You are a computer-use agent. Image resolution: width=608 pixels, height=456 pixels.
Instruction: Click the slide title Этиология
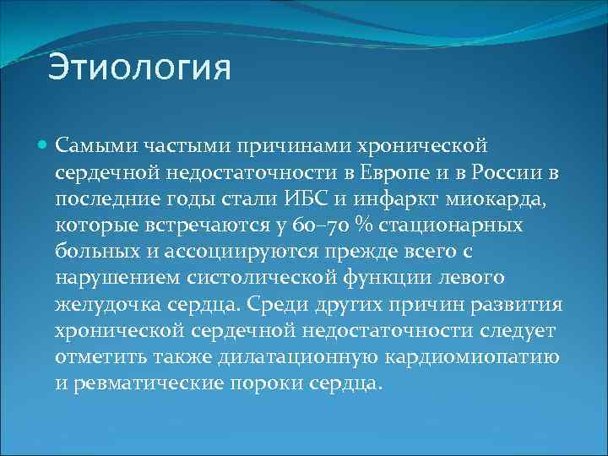pyautogui.click(x=139, y=68)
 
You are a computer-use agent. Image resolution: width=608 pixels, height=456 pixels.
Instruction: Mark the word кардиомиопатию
pyautogui.click(x=472, y=356)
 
